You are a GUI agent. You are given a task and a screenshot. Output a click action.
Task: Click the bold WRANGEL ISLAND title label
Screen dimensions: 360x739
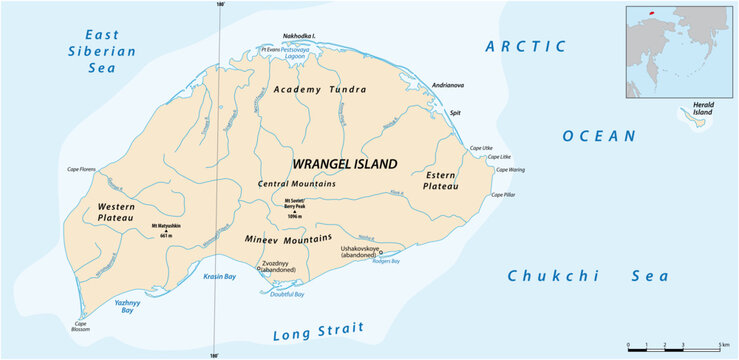click(x=344, y=163)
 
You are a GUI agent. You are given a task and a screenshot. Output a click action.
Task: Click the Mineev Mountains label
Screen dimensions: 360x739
click(x=289, y=239)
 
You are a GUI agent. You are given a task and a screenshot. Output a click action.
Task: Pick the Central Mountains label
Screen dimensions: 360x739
click(x=296, y=184)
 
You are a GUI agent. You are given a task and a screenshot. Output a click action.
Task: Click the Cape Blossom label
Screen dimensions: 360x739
click(x=79, y=328)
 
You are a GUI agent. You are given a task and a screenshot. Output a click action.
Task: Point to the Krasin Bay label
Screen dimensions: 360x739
click(x=220, y=276)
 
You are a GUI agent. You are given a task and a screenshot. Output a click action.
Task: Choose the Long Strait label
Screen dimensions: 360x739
click(x=317, y=333)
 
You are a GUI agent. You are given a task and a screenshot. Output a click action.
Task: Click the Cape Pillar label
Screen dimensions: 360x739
click(x=503, y=195)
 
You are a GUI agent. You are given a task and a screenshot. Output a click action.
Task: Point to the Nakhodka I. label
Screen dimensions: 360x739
click(x=298, y=35)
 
